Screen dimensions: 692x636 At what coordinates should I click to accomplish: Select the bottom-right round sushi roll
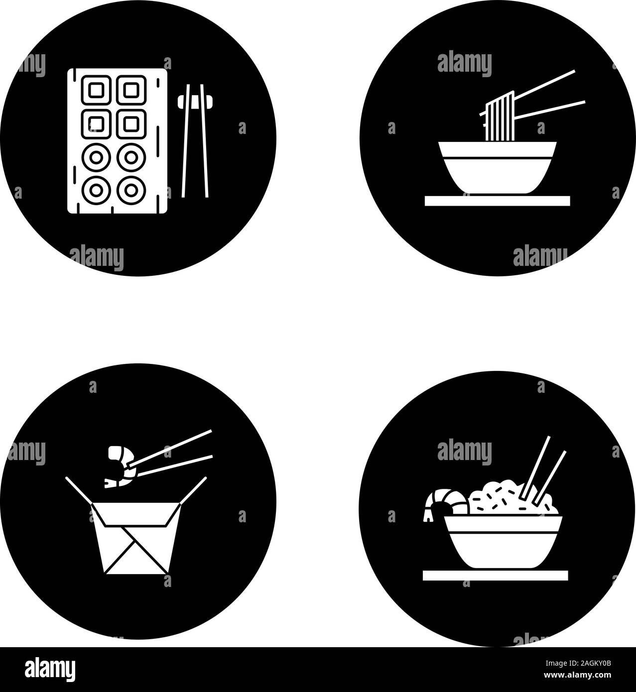click(131, 190)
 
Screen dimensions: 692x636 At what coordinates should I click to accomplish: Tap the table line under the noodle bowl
click(497, 200)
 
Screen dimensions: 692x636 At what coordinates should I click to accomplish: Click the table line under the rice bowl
click(495, 575)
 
